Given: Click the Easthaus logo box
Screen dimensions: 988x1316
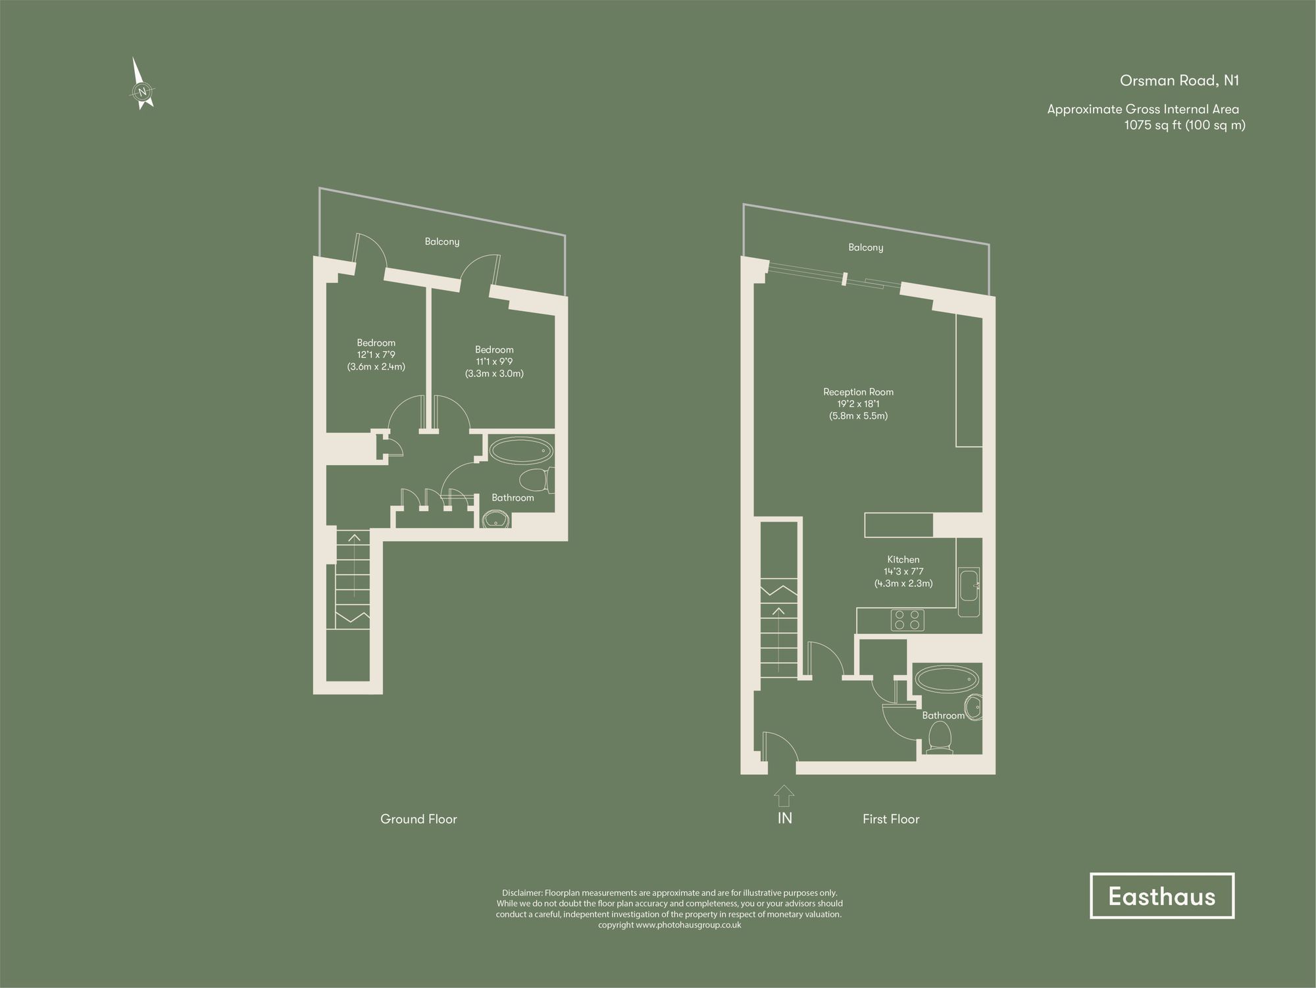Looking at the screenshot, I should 1161,896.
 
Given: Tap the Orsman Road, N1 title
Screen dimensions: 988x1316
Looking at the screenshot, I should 1179,81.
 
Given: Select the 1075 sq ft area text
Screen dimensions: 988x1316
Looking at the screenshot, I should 1184,125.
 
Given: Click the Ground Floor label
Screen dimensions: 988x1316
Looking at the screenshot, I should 418,819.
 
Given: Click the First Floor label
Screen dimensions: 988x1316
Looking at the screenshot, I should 891,819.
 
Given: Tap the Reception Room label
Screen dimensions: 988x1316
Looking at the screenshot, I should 858,392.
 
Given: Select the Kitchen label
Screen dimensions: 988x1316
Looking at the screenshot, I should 903,560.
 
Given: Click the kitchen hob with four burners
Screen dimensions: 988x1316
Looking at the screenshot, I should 907,620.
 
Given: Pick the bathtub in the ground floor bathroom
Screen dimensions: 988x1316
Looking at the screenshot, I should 520,452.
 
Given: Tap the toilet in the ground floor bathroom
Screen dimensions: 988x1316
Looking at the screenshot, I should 534,480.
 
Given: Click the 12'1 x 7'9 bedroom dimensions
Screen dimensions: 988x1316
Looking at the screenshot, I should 376,355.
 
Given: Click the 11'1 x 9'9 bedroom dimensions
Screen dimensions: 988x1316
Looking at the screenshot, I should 494,362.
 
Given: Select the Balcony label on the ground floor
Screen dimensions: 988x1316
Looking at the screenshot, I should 442,242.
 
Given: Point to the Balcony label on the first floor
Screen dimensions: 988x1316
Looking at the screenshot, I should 865,248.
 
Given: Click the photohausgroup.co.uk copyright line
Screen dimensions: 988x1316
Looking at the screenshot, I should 669,925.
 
